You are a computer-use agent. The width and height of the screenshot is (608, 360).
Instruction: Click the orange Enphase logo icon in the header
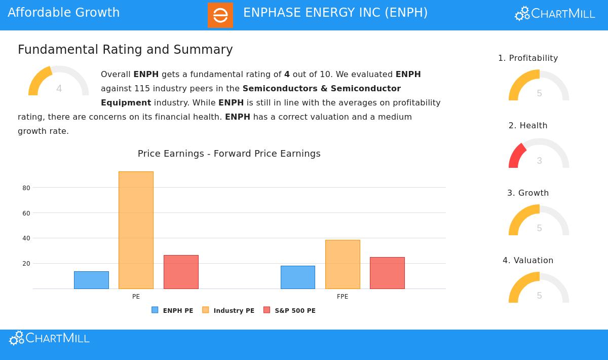pos(220,15)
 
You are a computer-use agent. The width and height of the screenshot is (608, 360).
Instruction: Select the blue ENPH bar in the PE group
pos(91,280)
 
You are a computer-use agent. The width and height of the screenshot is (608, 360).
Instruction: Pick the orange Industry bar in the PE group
pos(136,230)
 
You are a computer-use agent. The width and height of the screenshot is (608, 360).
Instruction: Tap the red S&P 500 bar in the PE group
pos(181,272)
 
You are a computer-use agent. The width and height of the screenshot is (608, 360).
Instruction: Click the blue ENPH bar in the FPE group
pos(298,277)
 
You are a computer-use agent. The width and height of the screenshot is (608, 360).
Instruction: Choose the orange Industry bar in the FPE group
pos(343,264)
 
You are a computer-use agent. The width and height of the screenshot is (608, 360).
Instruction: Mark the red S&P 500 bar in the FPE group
pos(387,273)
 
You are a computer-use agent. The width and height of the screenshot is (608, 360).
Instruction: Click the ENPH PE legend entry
pos(173,310)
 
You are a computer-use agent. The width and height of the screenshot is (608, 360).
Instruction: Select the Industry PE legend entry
pos(229,310)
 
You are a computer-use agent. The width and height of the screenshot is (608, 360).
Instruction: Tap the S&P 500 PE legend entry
pos(290,310)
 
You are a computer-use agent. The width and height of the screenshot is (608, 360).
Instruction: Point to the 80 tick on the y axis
pos(26,188)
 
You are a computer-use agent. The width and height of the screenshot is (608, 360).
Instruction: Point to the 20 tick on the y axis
pos(26,264)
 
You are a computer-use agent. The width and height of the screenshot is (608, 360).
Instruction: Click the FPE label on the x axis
pos(343,297)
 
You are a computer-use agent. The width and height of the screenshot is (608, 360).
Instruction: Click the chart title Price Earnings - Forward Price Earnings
pos(229,154)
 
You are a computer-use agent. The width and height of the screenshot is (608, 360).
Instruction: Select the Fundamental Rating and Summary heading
pos(125,50)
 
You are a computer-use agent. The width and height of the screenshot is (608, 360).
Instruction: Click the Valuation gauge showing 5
pos(539,289)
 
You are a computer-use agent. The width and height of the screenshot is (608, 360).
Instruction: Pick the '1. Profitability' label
pos(528,58)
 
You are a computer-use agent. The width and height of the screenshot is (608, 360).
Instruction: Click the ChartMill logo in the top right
pos(555,14)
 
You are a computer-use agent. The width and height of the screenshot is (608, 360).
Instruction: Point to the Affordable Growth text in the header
pos(64,13)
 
